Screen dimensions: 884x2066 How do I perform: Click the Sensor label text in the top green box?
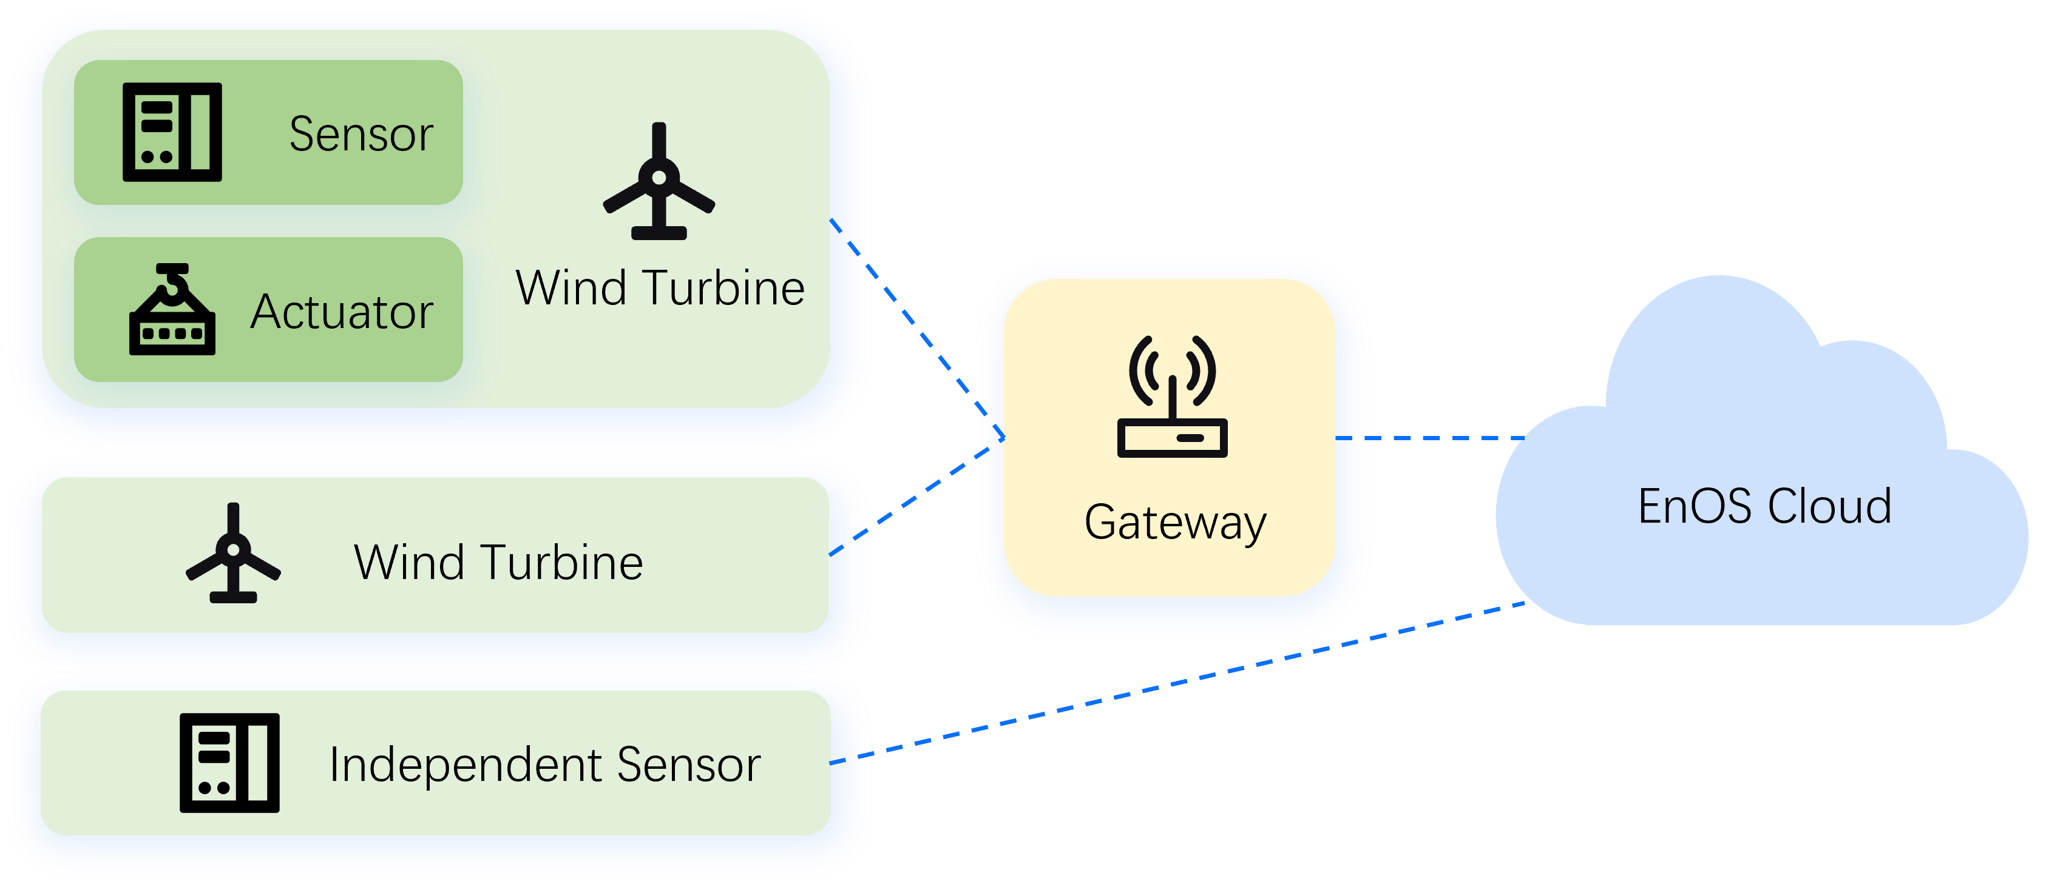click(361, 134)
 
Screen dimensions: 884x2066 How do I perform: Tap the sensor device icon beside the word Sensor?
click(172, 132)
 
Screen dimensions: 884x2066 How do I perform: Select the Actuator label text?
click(342, 311)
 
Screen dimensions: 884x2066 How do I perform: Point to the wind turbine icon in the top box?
click(659, 182)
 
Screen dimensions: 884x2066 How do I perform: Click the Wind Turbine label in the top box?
click(659, 288)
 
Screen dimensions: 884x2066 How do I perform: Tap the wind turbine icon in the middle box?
click(232, 554)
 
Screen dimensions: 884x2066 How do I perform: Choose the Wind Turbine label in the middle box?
click(498, 562)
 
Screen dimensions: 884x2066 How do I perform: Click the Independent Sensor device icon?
click(229, 763)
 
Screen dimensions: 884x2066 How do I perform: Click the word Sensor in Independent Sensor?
click(688, 765)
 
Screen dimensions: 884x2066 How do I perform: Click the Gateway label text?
click(1175, 523)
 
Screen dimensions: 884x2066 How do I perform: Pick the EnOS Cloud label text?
click(1764, 506)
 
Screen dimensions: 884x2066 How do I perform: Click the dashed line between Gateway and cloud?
click(1444, 438)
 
